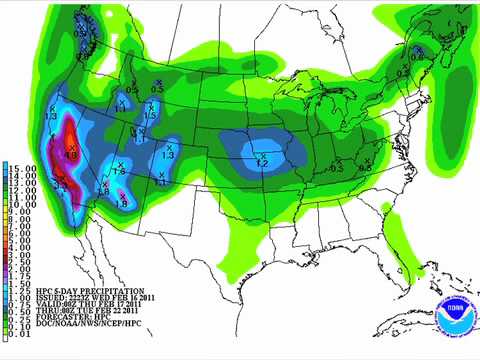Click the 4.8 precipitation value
(71, 155)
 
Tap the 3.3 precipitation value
(59, 186)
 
